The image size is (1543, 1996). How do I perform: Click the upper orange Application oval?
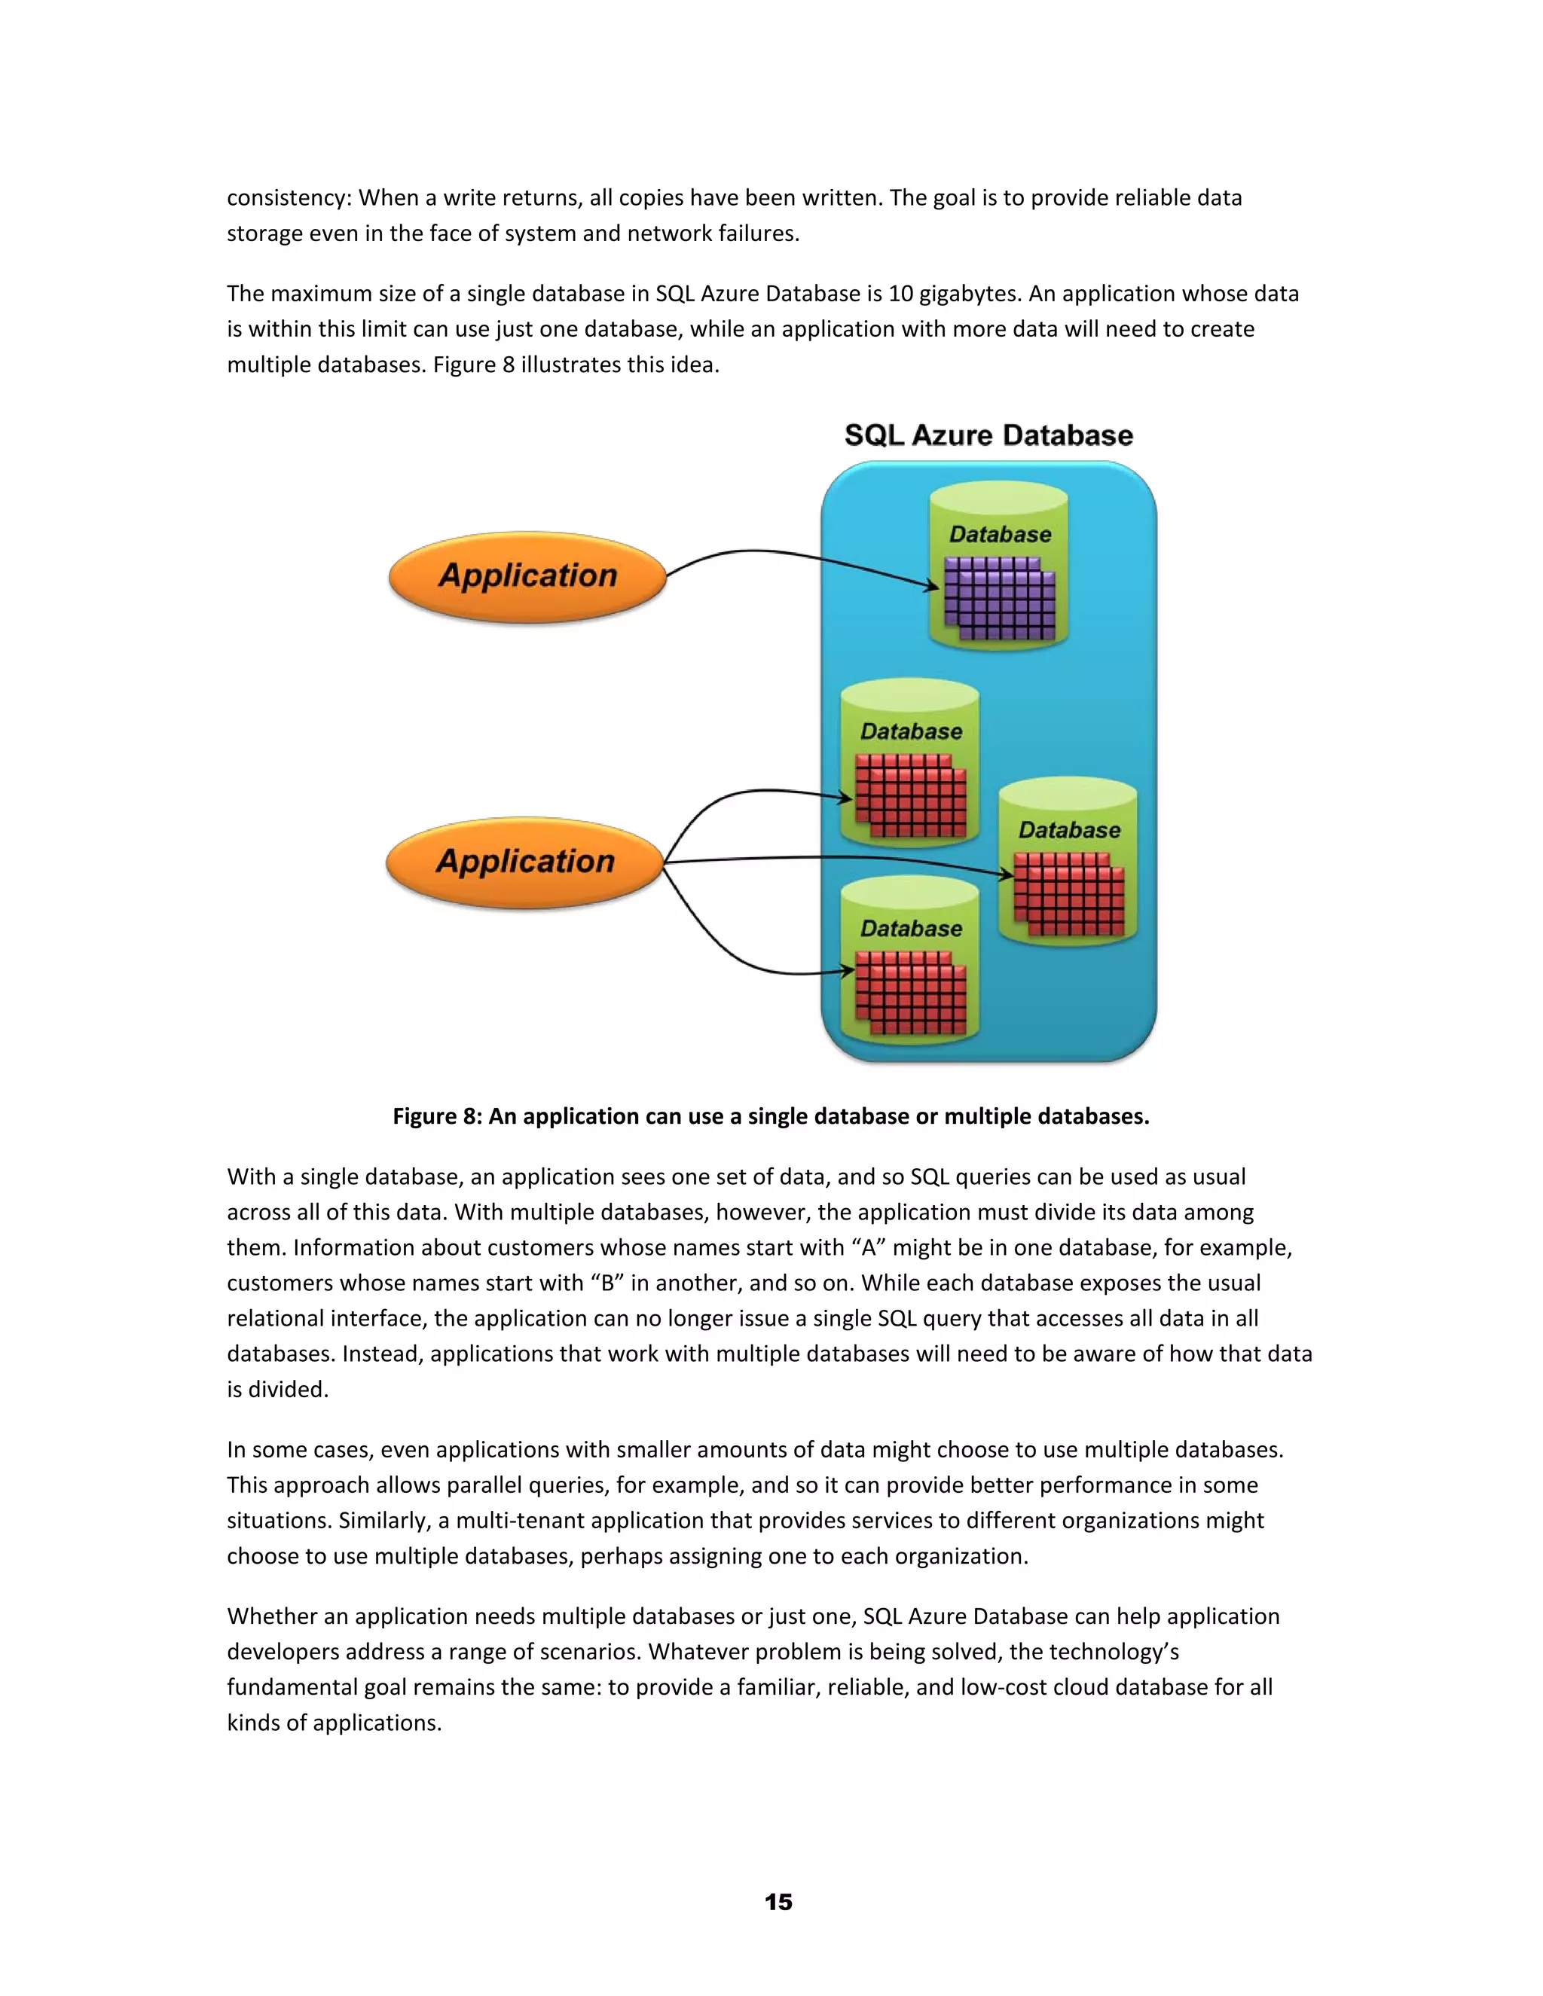pyautogui.click(x=527, y=577)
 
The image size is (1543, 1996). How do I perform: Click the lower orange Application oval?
pyautogui.click(x=524, y=862)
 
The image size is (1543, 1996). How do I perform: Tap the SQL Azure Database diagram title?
pyautogui.click(x=988, y=435)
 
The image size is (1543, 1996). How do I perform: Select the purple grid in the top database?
pyautogui.click(x=999, y=599)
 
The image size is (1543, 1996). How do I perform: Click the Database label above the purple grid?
pyautogui.click(x=1000, y=535)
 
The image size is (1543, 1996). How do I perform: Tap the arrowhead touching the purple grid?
pyautogui.click(x=933, y=586)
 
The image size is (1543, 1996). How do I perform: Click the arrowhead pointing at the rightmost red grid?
pyautogui.click(x=1007, y=874)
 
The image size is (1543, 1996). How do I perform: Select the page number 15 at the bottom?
pyautogui.click(x=778, y=1902)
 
